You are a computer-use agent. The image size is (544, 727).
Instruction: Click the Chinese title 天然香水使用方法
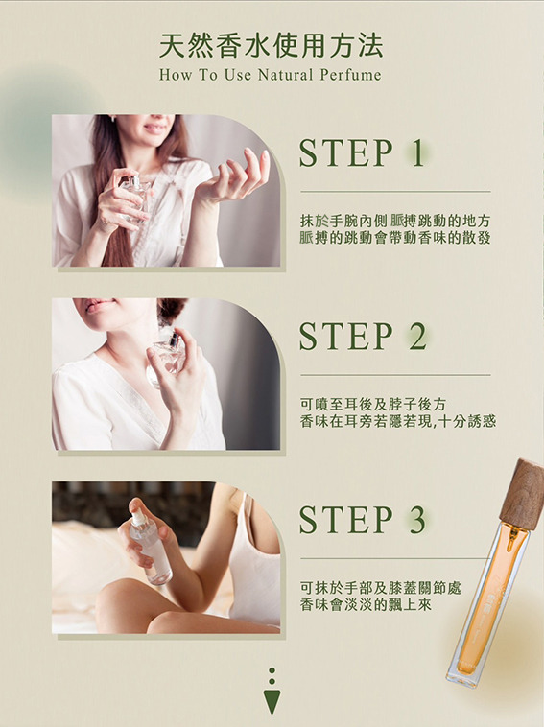272,45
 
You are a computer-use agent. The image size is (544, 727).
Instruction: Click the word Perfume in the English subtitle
350,75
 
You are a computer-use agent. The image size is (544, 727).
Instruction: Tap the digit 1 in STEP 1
418,153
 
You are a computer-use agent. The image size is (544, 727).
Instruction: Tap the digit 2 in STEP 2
418,336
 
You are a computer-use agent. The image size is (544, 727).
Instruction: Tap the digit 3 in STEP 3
417,519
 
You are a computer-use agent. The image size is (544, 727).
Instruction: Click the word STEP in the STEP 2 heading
346,336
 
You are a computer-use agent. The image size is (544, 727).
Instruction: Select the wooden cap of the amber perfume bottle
523,491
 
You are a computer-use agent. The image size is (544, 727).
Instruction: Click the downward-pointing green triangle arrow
272,701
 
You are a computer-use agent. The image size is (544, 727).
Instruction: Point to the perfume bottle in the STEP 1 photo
134,197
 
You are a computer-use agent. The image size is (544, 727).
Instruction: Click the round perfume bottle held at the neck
165,357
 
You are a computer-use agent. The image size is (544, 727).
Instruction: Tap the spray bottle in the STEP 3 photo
149,546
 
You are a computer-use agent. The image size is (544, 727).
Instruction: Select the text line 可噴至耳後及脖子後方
373,405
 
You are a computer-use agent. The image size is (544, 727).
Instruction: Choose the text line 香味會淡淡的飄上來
366,604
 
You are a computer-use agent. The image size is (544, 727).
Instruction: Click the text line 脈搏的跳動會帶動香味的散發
395,238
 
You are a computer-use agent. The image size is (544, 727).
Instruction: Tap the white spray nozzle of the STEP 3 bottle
138,517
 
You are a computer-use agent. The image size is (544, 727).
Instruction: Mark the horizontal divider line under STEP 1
395,191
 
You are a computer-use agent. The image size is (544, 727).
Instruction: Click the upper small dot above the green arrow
272,670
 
